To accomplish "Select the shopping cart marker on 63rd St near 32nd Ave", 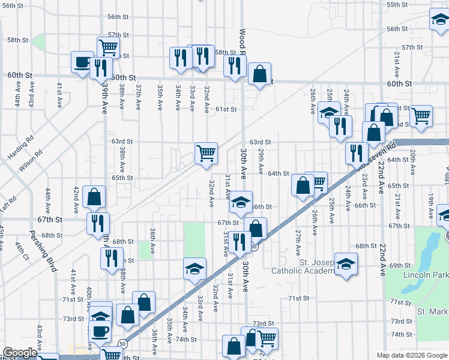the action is click(206, 152).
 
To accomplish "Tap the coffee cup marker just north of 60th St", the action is click(82, 61).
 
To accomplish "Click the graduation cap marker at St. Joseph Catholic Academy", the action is click(346, 265).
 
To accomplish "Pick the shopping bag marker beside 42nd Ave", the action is click(94, 196).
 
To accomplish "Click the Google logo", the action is click(20, 353).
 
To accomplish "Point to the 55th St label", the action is click(397, 5).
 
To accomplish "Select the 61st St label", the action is click(227, 109).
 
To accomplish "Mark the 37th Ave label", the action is click(138, 97).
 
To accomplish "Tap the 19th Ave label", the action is click(431, 204).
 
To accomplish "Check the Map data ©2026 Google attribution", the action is click(412, 355).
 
